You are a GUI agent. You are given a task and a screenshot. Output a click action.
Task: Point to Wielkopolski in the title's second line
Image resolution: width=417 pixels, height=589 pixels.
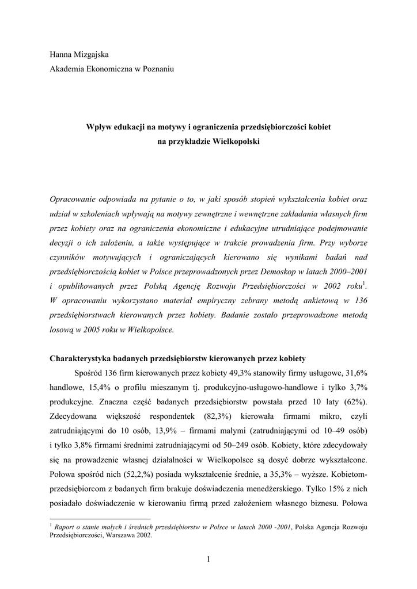coord(237,140)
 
